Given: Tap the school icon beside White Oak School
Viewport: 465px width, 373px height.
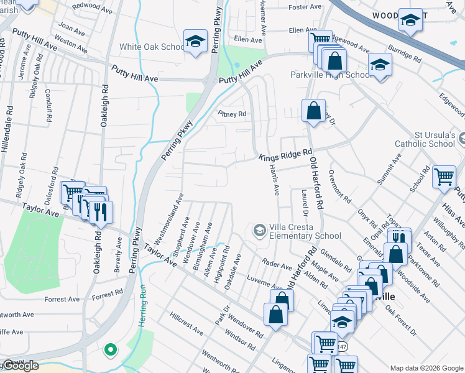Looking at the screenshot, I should (195, 42).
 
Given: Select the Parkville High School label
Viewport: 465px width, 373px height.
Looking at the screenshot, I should (322, 75).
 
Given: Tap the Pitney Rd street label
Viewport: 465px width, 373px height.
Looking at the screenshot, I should (232, 114).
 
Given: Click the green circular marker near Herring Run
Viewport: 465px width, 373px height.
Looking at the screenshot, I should (110, 351).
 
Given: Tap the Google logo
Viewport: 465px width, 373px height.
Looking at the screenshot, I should (20, 366).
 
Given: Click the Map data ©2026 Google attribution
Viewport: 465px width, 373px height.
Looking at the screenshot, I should (426, 368).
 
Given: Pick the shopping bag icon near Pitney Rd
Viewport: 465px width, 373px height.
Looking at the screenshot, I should (314, 112).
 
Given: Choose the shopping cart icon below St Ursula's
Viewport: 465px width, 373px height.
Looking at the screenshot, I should (444, 177).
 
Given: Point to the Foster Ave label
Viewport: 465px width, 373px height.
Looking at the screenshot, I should (305, 7).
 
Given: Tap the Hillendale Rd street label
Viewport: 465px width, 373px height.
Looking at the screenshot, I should (9, 124).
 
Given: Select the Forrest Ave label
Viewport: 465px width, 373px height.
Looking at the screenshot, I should (62, 299).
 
